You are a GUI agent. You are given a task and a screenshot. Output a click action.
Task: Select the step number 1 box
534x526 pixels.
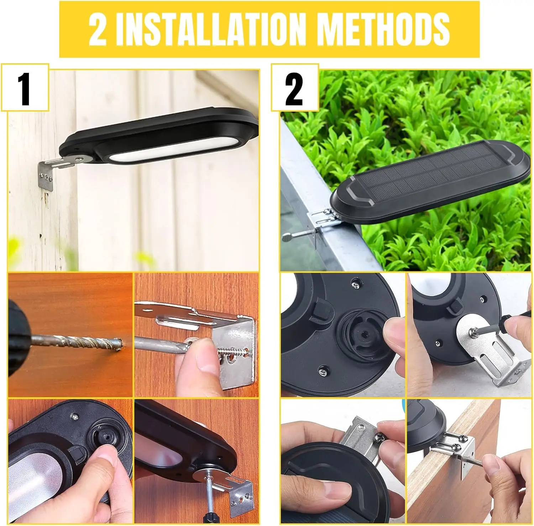(25, 87)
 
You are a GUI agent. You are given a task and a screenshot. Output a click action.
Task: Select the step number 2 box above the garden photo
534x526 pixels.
(295, 87)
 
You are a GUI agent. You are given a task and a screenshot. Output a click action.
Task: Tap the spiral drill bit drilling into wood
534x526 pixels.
(77, 342)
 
